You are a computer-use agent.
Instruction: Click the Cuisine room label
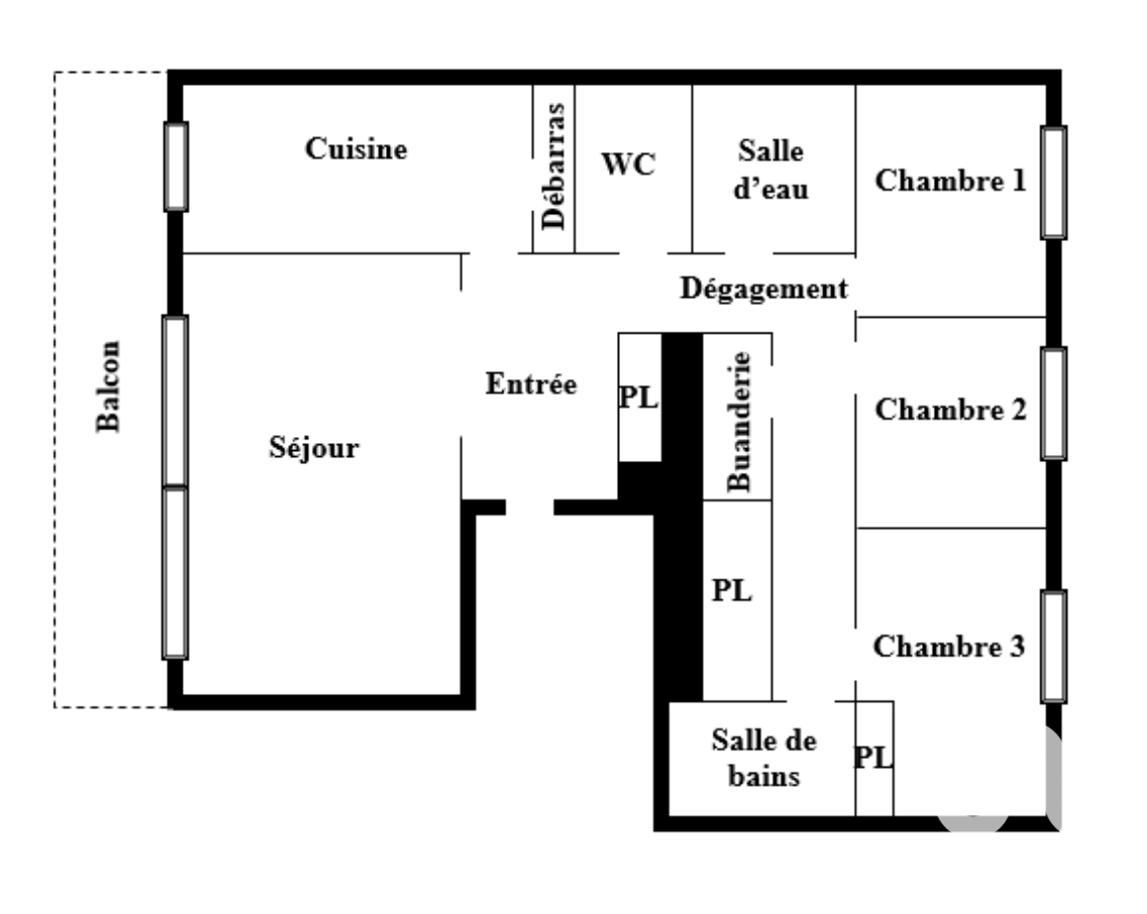coord(355,148)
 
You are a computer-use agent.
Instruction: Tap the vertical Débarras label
coord(554,167)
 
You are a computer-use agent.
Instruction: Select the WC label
coord(628,164)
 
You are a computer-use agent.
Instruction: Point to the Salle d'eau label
coord(771,170)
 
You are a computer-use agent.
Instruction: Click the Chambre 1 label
coord(951,180)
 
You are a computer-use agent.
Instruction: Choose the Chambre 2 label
coord(951,410)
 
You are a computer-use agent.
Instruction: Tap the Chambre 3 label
coord(949,646)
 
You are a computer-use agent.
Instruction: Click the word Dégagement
coord(764,289)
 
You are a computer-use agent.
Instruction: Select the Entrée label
coord(531,384)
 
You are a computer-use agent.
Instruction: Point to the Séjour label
coord(314,447)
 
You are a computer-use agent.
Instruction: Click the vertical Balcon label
coord(109,386)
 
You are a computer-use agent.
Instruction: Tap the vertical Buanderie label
coord(738,421)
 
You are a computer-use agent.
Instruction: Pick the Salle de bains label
coord(764,757)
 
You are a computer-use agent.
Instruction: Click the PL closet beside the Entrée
coord(639,397)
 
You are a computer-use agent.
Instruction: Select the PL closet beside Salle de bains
coord(874,757)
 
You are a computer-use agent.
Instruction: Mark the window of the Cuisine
coord(176,167)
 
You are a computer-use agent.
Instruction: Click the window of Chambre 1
coord(1053,182)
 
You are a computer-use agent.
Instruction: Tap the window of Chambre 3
coord(1053,647)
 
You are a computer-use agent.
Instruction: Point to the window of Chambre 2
coord(1053,404)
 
